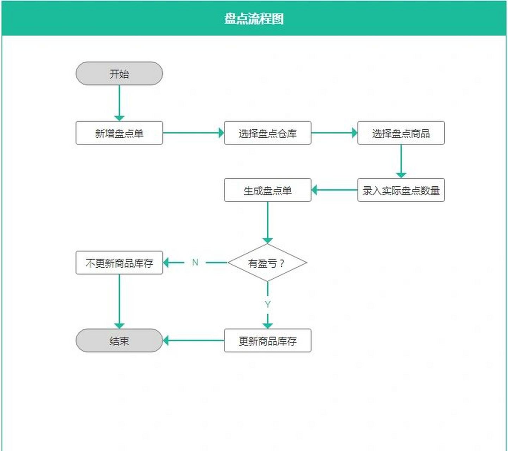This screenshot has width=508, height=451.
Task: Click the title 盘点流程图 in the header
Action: click(x=254, y=18)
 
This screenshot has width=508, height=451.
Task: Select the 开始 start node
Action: click(x=119, y=74)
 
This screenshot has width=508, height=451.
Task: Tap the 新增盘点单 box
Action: click(x=119, y=133)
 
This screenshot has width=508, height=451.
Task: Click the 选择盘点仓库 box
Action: click(x=267, y=133)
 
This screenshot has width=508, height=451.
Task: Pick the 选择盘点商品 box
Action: click(x=401, y=133)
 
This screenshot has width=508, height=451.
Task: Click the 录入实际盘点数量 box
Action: click(x=401, y=190)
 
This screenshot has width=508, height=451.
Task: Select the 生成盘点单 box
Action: click(x=267, y=190)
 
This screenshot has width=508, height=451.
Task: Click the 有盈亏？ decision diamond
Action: click(x=267, y=263)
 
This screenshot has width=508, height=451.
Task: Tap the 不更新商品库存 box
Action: click(x=119, y=263)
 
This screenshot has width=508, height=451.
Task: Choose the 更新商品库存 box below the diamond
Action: click(x=267, y=341)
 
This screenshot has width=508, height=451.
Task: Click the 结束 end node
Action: click(x=119, y=341)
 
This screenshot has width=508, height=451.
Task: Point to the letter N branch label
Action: click(x=195, y=262)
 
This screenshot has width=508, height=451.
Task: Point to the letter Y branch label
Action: click(x=267, y=304)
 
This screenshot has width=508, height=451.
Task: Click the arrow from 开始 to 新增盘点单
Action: click(x=119, y=103)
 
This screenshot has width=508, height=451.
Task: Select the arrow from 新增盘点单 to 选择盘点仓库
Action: click(x=193, y=133)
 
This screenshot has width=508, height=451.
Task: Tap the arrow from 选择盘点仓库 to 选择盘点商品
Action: click(x=334, y=133)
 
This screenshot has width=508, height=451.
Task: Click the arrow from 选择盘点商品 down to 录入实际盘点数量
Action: click(x=401, y=161)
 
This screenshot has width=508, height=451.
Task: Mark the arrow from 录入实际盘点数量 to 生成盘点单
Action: click(x=334, y=190)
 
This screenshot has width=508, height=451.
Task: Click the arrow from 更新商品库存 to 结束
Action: click(x=193, y=341)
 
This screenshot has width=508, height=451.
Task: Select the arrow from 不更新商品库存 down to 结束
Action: click(x=119, y=301)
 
